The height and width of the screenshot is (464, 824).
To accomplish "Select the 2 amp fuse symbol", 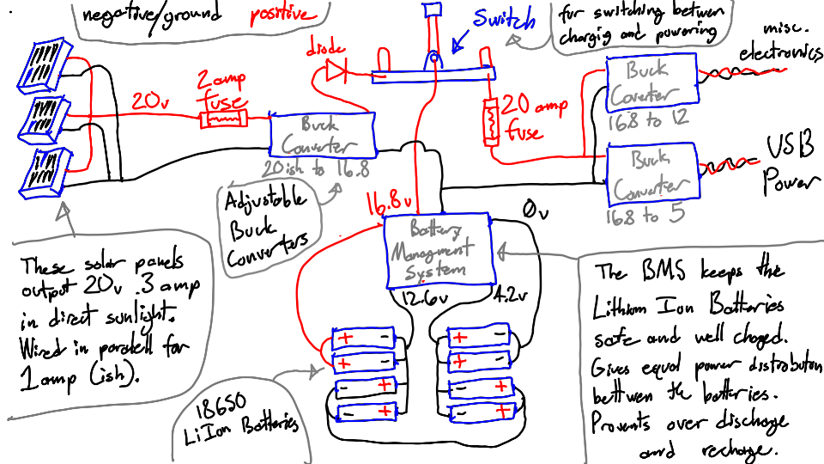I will click(x=224, y=118).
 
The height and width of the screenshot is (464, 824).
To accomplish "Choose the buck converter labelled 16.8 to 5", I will click(x=650, y=174).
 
